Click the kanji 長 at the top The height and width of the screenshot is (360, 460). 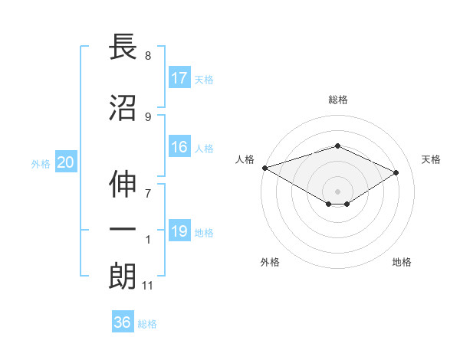[x=123, y=47]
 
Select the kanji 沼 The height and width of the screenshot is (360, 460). [x=123, y=108]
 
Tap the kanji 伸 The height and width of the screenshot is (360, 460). [x=123, y=182]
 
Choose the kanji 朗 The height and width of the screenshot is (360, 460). [x=123, y=277]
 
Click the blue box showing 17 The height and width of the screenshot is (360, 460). [x=179, y=77]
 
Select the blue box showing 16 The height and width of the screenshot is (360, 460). [x=179, y=147]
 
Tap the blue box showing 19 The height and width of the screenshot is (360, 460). [x=179, y=231]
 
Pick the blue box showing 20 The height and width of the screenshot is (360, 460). [x=66, y=162]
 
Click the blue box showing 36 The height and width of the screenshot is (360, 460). [x=123, y=322]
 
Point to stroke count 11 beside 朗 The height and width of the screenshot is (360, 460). [x=147, y=286]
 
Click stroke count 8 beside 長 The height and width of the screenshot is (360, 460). [x=148, y=56]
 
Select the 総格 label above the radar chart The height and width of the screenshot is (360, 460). [x=337, y=100]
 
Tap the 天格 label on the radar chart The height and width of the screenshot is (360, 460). [x=432, y=159]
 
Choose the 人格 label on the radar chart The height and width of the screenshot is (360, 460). [x=245, y=159]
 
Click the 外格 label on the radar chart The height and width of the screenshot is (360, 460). [x=270, y=262]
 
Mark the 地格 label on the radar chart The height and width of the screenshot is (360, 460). [x=402, y=262]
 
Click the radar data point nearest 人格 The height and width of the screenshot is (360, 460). [x=264, y=167]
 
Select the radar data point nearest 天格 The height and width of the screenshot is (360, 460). [x=396, y=173]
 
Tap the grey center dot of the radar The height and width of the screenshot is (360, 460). [x=337, y=191]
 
